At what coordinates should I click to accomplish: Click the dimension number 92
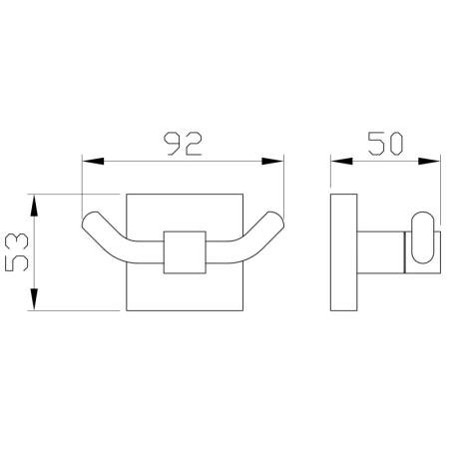pos(185,144)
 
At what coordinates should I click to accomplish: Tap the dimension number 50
pos(386,144)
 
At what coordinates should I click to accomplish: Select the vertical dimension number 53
pos(17,251)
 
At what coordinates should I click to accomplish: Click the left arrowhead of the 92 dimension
pos(93,162)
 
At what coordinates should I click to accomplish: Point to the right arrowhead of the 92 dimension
pos(272,162)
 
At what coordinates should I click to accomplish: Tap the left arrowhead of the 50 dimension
pos(341,162)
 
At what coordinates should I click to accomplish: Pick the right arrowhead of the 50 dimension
pos(429,162)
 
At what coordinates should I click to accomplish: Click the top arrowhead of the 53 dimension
pos(34,206)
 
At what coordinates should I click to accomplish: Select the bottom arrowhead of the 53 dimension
pos(34,299)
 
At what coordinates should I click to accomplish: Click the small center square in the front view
pos(185,252)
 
